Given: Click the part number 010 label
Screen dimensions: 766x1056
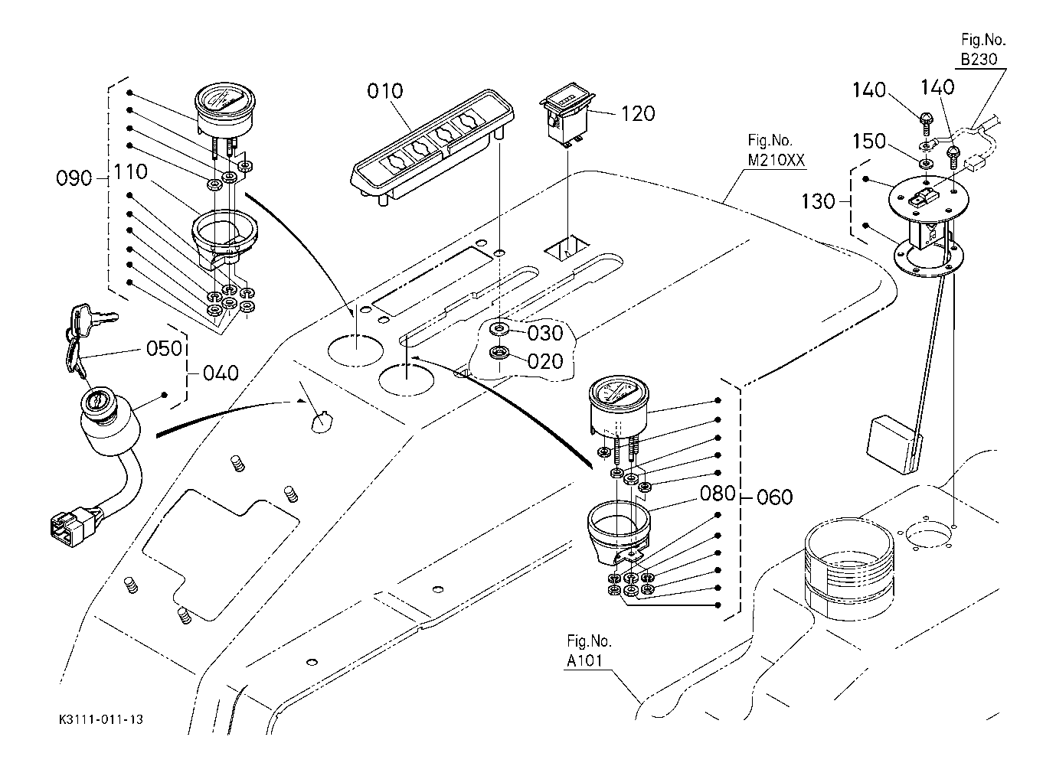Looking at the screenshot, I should coord(384,92).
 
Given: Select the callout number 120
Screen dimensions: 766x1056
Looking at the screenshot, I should coord(638,114).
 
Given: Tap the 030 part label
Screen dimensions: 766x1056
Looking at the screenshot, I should coord(546,333).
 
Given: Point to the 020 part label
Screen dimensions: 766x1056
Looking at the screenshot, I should coord(546,361).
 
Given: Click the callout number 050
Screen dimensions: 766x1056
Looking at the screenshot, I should coord(165,348).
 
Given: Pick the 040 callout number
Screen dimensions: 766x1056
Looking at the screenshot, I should coord(222,373).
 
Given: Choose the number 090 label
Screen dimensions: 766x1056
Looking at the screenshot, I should coord(74,179).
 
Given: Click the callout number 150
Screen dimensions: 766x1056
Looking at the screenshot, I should coord(869,142).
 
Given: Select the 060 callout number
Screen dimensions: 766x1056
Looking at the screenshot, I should coord(775,497).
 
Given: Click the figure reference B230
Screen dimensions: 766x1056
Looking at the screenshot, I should coord(979,59).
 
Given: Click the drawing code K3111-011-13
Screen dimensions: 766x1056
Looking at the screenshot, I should coord(101,720).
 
